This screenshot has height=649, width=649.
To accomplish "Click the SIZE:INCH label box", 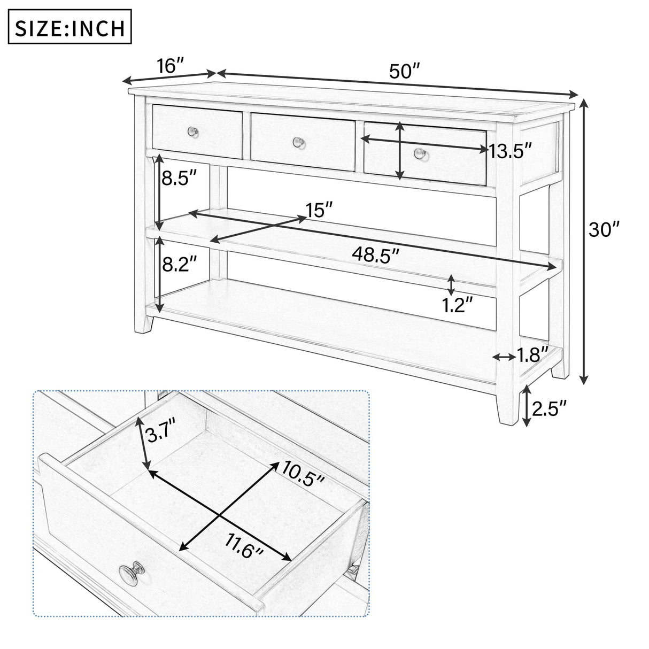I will coord(69,27).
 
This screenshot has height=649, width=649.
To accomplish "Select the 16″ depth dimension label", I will coord(171,66).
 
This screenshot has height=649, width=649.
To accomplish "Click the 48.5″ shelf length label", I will coord(375,253).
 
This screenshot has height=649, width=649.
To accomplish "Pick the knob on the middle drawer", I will coord(297,142).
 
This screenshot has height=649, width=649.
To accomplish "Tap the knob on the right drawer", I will coord(420,154).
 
